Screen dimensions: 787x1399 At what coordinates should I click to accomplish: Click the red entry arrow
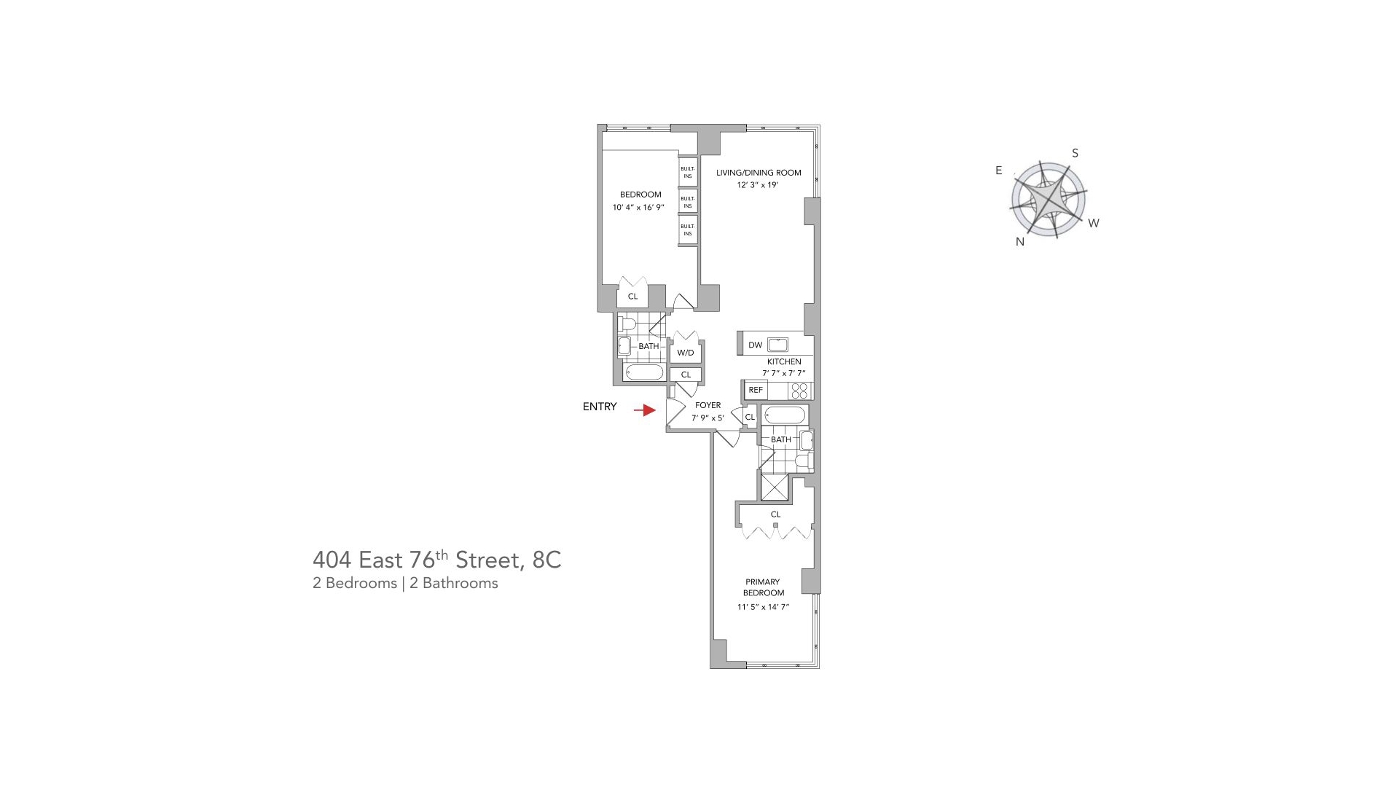645,410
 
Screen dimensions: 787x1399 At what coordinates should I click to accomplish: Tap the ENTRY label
600,407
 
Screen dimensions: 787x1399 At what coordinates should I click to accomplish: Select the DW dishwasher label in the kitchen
755,345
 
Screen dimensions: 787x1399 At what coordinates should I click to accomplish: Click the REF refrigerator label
756,390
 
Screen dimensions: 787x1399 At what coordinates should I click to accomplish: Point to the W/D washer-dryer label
686,353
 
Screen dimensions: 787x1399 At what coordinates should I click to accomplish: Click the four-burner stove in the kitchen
800,391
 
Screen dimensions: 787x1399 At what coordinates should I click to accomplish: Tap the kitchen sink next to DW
777,345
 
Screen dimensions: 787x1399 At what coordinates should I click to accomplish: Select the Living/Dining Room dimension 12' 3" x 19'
758,185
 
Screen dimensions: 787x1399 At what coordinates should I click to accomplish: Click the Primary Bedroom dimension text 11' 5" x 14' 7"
763,606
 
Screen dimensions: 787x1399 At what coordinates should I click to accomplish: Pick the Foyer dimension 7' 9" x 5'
708,418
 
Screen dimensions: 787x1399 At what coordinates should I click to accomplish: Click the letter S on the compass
1075,153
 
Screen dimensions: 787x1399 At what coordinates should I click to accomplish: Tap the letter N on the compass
1020,242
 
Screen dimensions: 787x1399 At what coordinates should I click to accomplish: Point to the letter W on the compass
1093,223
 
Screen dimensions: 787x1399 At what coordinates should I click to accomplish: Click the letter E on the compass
999,171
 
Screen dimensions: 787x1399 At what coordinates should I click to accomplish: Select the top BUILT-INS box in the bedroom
688,172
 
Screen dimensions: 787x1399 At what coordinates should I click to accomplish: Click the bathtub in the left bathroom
644,372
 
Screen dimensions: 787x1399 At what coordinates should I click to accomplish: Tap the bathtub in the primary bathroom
785,416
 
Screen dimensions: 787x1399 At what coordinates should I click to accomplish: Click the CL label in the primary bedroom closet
775,514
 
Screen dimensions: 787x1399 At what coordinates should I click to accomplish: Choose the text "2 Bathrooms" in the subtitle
453,583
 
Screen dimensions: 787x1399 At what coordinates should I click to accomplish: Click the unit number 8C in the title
546,560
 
